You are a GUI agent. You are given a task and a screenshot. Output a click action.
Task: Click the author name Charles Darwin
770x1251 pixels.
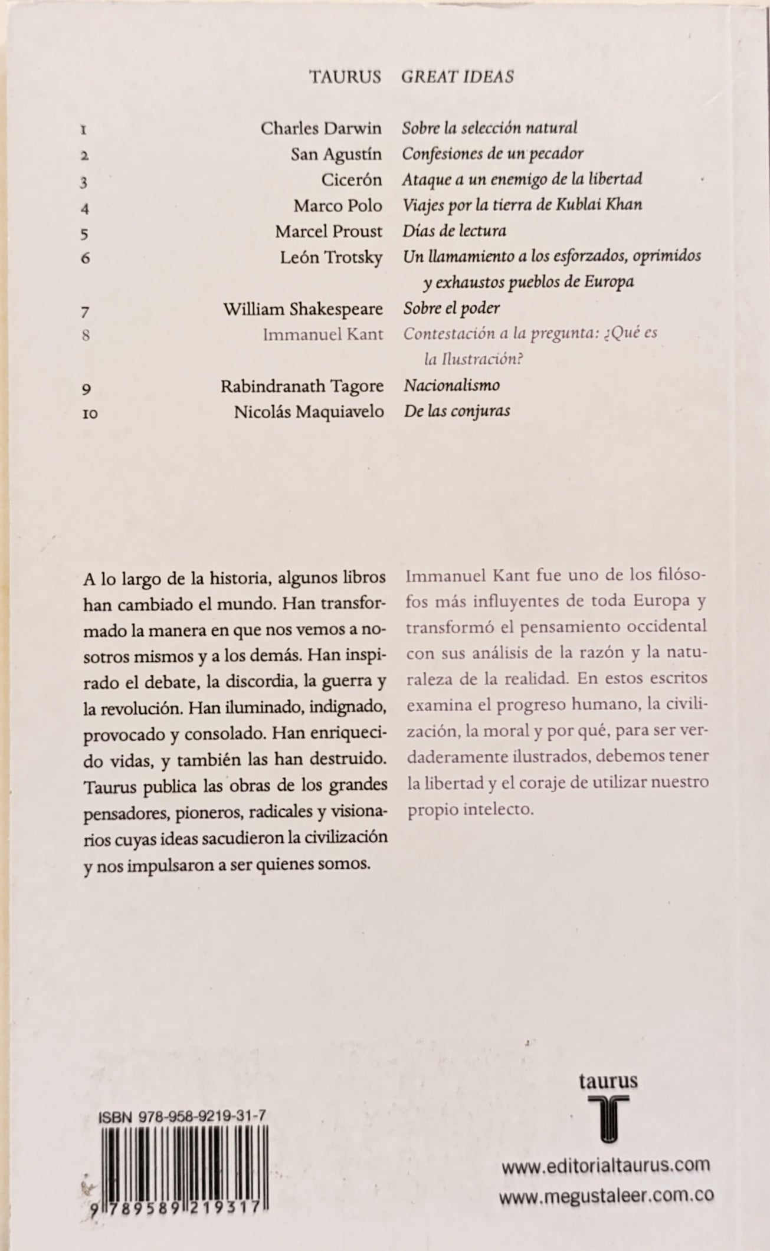click(321, 128)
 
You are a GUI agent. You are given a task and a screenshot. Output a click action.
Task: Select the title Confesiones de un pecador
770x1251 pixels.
click(493, 154)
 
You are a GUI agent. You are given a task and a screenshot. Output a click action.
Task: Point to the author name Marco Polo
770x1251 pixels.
click(338, 205)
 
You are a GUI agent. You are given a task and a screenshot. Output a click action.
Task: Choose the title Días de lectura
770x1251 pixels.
click(454, 231)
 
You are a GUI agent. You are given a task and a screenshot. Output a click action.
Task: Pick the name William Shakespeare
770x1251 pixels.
click(303, 308)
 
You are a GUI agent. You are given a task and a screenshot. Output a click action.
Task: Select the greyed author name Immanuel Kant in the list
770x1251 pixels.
click(323, 334)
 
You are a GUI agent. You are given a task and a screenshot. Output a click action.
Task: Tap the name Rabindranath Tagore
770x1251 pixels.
click(302, 386)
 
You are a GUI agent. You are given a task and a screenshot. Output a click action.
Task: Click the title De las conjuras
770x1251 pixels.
click(457, 411)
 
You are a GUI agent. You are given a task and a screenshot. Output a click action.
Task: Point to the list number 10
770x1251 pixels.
click(90, 413)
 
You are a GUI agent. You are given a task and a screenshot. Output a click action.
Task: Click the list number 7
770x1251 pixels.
click(84, 310)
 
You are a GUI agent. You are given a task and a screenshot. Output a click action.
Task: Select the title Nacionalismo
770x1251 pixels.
click(452, 386)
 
